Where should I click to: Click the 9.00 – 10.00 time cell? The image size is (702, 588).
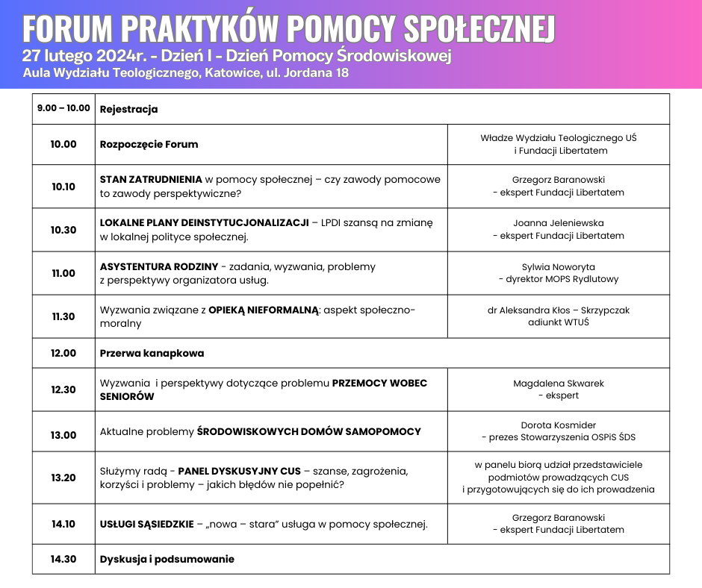point(63,108)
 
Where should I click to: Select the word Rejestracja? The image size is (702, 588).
point(128,109)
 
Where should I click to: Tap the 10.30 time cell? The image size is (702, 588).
point(63,230)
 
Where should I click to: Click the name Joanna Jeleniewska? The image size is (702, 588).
point(558,223)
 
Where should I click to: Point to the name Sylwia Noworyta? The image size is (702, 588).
point(558,266)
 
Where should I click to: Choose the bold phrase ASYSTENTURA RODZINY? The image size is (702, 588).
point(159,266)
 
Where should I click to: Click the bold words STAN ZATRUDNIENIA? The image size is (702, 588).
point(151,180)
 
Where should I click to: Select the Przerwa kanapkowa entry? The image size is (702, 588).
point(152,353)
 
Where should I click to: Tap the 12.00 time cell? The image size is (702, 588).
point(63,353)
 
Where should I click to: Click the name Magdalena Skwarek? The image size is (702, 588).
point(558,384)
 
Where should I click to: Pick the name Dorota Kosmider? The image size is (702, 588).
point(558,425)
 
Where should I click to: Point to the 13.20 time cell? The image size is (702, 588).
point(63,478)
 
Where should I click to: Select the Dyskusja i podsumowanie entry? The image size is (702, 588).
point(167,559)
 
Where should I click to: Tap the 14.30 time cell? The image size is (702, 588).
point(63,559)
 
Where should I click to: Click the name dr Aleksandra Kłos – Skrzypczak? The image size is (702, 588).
point(558,310)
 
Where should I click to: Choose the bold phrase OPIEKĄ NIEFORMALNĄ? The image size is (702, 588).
point(264,310)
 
